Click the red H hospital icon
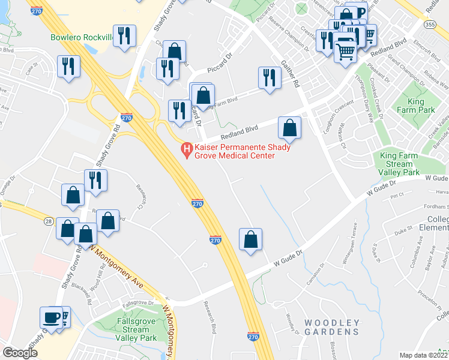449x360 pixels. tap(186, 148)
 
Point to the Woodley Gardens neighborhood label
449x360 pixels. tap(332, 326)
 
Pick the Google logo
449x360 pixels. tap(20, 352)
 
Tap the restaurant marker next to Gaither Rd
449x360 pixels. tap(269, 77)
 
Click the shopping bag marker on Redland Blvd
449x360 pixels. tap(289, 127)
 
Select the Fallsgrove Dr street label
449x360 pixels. tap(134, 302)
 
